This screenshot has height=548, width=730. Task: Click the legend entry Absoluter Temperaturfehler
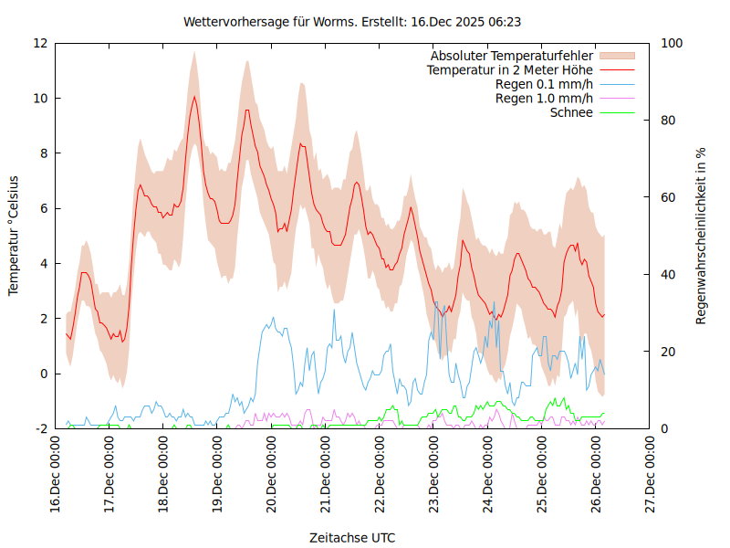pyautogui.click(x=512, y=56)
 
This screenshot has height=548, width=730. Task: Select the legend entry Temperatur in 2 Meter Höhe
pyautogui.click(x=510, y=69)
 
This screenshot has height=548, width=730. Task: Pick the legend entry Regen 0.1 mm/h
pyautogui.click(x=544, y=84)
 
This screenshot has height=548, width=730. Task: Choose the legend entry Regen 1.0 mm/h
pyautogui.click(x=544, y=98)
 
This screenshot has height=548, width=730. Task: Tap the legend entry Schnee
pyautogui.click(x=571, y=112)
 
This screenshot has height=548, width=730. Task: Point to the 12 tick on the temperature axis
pyautogui.click(x=40, y=43)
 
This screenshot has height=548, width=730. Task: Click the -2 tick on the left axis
pyautogui.click(x=41, y=428)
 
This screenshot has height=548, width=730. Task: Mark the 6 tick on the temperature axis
pyautogui.click(x=44, y=208)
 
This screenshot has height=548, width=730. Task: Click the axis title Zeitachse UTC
pyautogui.click(x=352, y=537)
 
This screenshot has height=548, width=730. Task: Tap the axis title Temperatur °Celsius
pyautogui.click(x=14, y=235)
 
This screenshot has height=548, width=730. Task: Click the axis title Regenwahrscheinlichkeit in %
pyautogui.click(x=702, y=235)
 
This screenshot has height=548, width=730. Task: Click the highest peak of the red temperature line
pyautogui.click(x=193, y=96)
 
